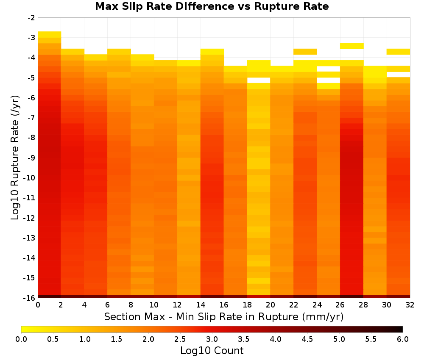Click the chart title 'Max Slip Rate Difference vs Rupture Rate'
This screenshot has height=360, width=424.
212,6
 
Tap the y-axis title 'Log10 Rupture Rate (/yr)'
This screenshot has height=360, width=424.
15,158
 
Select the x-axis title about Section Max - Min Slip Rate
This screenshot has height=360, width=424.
223,317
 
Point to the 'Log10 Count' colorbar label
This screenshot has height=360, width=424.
212,351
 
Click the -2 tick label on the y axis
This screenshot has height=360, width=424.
31,18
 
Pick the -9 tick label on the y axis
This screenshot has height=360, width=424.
31,158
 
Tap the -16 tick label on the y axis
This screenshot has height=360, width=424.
29,298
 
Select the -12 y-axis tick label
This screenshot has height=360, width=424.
29,218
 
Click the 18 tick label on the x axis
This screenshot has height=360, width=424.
247,305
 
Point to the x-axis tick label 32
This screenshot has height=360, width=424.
410,305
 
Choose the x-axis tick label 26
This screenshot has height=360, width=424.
340,305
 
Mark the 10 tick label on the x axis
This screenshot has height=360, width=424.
154,305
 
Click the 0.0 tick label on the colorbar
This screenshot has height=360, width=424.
21,339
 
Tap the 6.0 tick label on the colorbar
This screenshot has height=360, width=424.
403,339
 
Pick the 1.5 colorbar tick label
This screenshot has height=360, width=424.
117,339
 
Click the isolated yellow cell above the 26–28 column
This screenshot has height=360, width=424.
351,46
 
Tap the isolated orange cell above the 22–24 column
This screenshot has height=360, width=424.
305,52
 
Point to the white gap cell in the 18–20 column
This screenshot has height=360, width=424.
259,80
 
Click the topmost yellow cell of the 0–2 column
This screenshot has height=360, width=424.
50,34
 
